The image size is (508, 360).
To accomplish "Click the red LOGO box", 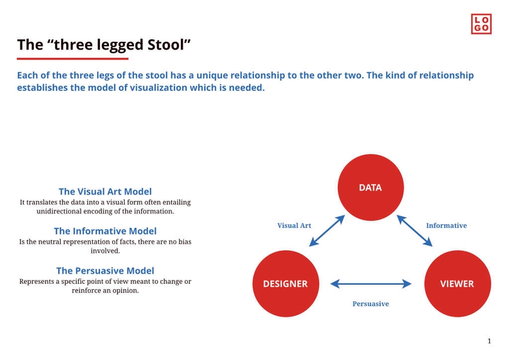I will pyautogui.click(x=482, y=24).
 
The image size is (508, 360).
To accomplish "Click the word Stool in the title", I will pyautogui.click(x=162, y=44).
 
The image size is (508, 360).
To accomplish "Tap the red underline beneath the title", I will pyautogui.click(x=72, y=58).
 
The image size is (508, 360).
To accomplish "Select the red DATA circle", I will pyautogui.click(x=370, y=188).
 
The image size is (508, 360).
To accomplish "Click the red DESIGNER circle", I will pyautogui.click(x=285, y=284).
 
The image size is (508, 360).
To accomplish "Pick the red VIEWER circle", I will pyautogui.click(x=457, y=284).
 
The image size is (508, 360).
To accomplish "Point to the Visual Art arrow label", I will pyautogui.click(x=294, y=225).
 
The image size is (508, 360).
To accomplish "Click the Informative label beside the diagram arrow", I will pyautogui.click(x=446, y=225).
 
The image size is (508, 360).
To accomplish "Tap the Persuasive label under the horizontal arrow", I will pyautogui.click(x=370, y=304).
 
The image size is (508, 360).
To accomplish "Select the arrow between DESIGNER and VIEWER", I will pyautogui.click(x=370, y=284).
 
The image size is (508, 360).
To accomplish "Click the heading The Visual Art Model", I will pyautogui.click(x=105, y=192).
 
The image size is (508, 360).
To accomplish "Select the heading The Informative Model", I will pyautogui.click(x=105, y=231).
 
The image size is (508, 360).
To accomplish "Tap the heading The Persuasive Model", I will pyautogui.click(x=105, y=270).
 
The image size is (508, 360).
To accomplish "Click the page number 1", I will pyautogui.click(x=489, y=341).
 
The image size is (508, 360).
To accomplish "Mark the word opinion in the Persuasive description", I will pyautogui.click(x=123, y=291).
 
